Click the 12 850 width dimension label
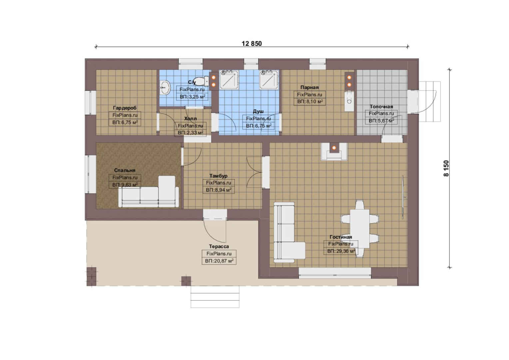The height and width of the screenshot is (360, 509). tap(252, 43)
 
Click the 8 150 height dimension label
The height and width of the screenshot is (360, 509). tap(446, 168)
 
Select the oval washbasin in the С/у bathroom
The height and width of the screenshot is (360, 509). tap(166, 88)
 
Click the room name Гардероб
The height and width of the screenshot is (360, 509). tap(125, 108)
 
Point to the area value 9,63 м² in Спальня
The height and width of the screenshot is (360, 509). tap(128, 185)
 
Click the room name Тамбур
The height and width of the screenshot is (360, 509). tap(219, 176)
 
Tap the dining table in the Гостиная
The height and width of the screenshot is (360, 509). tap(359, 229)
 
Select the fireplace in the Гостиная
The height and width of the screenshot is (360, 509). tap(334, 151)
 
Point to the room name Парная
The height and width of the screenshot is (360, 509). tap(309, 87)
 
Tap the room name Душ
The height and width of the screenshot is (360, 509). tap(258, 111)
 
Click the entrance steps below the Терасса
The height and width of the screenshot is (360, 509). tap(215, 297)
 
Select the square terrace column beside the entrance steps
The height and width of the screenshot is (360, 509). tap(186, 281)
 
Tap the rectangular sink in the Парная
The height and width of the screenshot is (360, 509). tap(349, 101)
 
